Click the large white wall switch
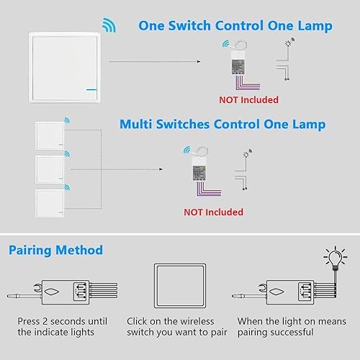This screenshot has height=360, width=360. tap(64, 68)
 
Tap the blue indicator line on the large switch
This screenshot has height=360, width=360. tap(91, 90)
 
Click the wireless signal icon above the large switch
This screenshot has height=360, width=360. tap(109, 25)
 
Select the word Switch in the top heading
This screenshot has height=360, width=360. tap(189, 26)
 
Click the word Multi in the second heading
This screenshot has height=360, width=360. tap(136, 124)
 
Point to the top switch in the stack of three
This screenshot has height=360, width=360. tap(50, 135)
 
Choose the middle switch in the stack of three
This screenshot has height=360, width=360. tap(50, 169)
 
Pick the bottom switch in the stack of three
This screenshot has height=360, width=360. tap(50, 203)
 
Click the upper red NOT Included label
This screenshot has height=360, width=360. tap(248, 100)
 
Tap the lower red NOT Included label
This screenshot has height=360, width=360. tap(213, 212)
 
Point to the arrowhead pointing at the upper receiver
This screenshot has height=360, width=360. tap(199, 62)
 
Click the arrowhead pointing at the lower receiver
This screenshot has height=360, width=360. tap(161, 169)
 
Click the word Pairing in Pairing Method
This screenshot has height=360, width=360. tap(30, 251)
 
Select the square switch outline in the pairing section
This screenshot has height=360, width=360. tap(180, 286)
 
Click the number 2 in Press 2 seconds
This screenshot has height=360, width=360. tap(45, 321)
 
